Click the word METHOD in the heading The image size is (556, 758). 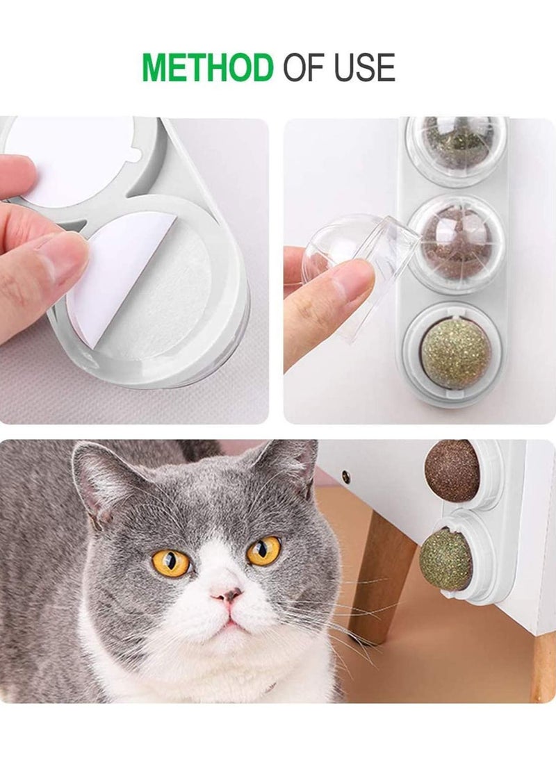point(208,67)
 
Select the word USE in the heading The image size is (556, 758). point(364,67)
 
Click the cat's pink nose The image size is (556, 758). point(227,594)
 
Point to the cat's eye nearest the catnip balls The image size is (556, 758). point(263,551)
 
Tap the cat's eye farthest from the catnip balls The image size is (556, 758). point(171,562)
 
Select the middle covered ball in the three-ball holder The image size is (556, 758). point(457,242)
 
